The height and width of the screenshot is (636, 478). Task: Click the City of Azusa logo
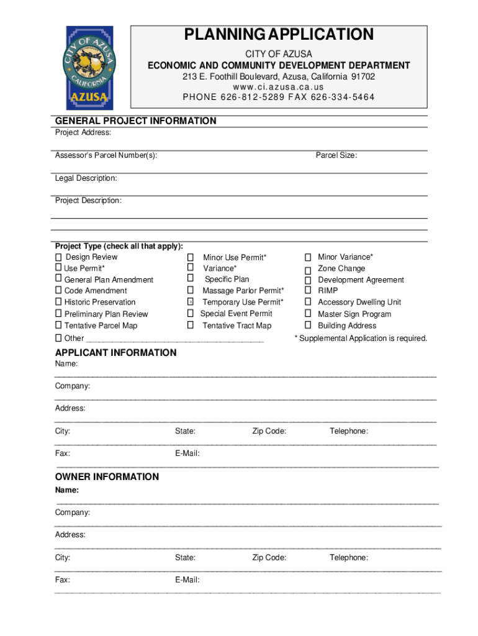tap(90, 68)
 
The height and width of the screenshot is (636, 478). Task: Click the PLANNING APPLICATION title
tap(279, 35)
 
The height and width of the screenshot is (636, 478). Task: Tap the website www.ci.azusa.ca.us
tap(279, 87)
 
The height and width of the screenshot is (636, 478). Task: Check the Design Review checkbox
tap(58, 257)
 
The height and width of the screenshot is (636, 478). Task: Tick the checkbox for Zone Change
tap(307, 269)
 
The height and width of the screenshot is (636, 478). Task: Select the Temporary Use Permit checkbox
tap(191, 302)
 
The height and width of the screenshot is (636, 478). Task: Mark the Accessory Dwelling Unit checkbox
tap(307, 302)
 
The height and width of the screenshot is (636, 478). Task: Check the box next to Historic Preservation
tap(58, 302)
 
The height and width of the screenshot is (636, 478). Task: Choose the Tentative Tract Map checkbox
tap(191, 325)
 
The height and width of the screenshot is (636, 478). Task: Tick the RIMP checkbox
tap(307, 291)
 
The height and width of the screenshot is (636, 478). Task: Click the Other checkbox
tap(58, 338)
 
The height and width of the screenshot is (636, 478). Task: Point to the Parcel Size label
tap(336, 155)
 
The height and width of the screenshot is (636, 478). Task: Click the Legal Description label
tap(86, 178)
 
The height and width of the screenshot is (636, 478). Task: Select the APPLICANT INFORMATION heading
tap(115, 353)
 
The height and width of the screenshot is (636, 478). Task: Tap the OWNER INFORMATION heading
tap(107, 477)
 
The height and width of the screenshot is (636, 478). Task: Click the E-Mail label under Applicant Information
tap(187, 453)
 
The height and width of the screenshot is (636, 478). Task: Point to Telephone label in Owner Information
tap(348, 558)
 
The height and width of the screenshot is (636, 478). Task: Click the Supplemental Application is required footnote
tap(361, 338)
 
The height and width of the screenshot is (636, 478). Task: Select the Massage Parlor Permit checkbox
tap(191, 291)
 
